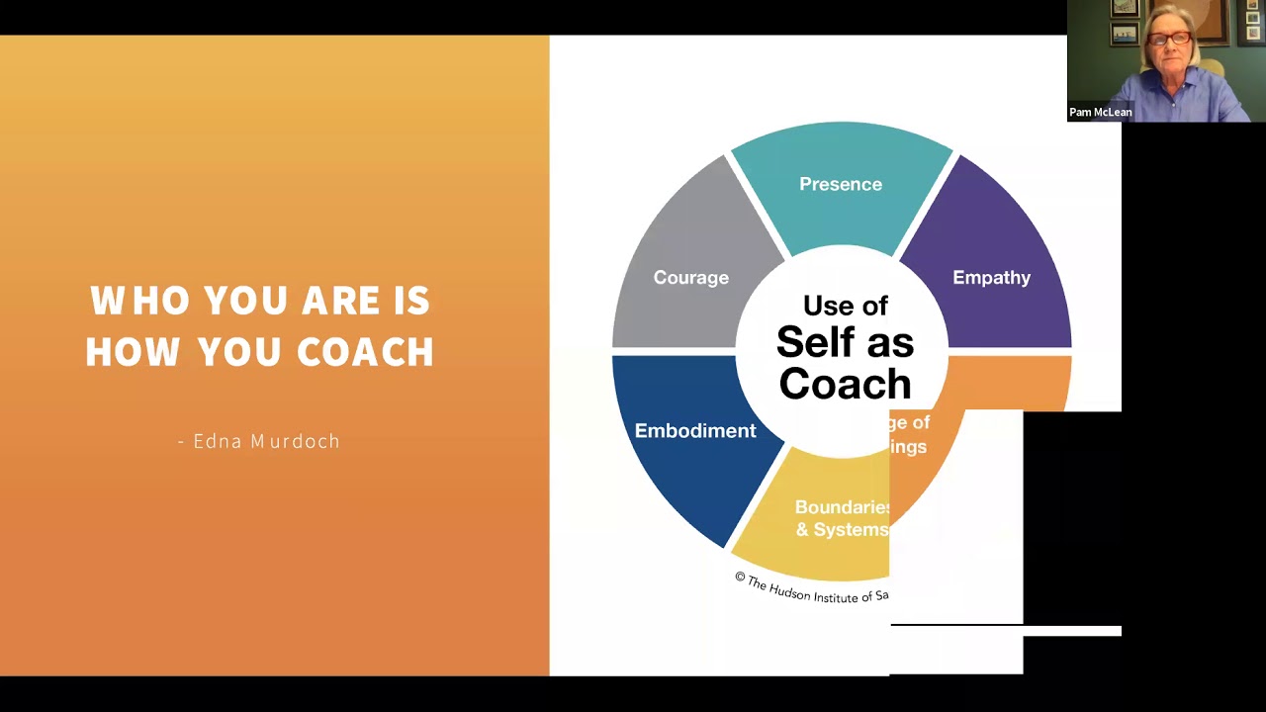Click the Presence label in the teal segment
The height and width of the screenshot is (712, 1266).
coord(841,184)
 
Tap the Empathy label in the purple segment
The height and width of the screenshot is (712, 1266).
coord(991,277)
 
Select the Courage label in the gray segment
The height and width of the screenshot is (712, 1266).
coord(690,277)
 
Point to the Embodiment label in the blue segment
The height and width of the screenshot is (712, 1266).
coord(694,430)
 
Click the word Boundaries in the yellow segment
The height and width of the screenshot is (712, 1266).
coord(842,507)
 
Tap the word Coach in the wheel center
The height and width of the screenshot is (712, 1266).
coord(845,384)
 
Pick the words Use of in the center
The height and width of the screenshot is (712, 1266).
coord(845,306)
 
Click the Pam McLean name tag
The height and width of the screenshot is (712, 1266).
coord(1100,112)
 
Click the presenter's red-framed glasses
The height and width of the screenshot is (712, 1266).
coord(1169,39)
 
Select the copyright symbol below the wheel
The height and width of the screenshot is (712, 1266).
coord(739,578)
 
